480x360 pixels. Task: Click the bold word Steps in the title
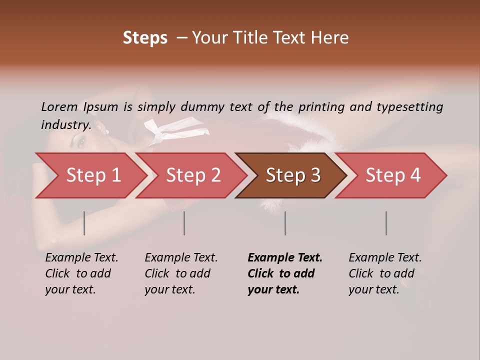145,38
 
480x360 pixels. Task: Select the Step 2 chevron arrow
193,175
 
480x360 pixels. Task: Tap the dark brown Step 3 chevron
293,175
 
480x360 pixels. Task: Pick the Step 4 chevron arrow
393,175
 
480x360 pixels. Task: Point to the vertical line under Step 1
84,223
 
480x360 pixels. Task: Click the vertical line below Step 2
184,223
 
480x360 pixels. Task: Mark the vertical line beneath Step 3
285,223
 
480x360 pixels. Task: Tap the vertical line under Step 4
386,223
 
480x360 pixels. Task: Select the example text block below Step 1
81,273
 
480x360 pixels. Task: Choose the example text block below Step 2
181,273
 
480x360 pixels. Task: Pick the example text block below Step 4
385,273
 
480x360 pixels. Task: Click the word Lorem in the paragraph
59,106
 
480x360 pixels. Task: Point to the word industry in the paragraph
66,125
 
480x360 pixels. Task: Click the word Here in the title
331,38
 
